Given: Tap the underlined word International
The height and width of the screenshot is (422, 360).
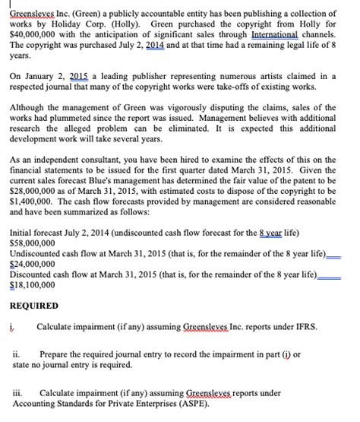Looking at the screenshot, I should pos(274,35).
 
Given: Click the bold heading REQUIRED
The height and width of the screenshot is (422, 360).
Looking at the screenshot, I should pos(33,327).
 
